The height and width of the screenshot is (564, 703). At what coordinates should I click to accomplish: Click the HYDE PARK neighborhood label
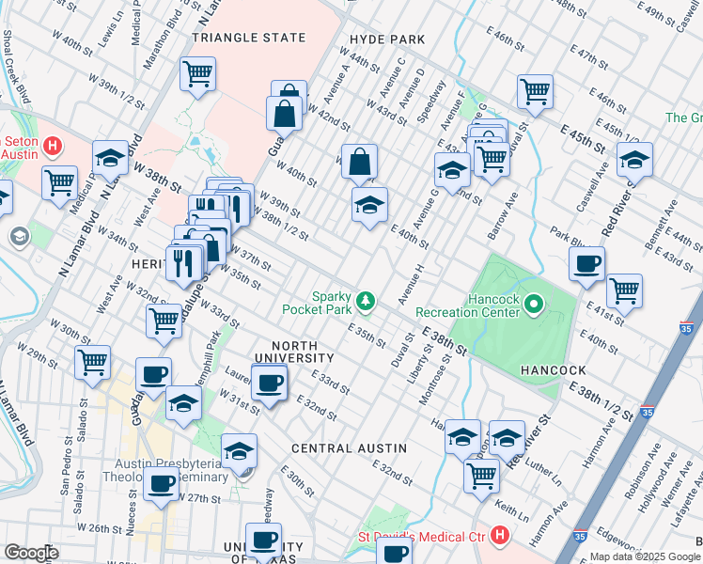point(386,39)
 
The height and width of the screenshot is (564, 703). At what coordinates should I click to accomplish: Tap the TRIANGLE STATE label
point(249,38)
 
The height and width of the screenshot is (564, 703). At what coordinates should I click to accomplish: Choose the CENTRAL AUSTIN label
point(349,448)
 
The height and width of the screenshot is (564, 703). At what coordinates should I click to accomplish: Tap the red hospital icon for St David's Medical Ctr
point(499,537)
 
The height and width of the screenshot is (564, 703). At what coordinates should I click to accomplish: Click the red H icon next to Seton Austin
point(53,147)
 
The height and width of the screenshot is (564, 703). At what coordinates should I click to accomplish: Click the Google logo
point(31,552)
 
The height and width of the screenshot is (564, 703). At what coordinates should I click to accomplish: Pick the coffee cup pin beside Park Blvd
point(587,264)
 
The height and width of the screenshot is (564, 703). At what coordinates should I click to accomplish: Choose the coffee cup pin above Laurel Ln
point(270,382)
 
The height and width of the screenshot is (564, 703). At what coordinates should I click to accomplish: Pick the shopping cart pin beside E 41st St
point(624,291)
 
